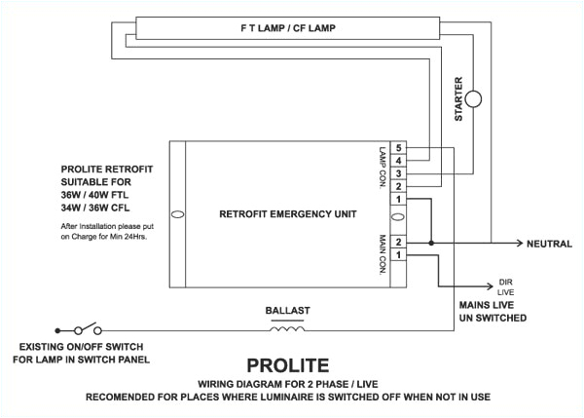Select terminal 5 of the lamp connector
click(399, 148)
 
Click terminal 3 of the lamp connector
click(399, 172)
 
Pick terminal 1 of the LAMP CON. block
click(399, 199)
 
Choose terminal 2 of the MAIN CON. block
click(399, 242)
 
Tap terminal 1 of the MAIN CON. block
click(399, 254)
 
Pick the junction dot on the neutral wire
click(429, 242)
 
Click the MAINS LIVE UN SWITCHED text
click(492, 311)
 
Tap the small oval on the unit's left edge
click(176, 213)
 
